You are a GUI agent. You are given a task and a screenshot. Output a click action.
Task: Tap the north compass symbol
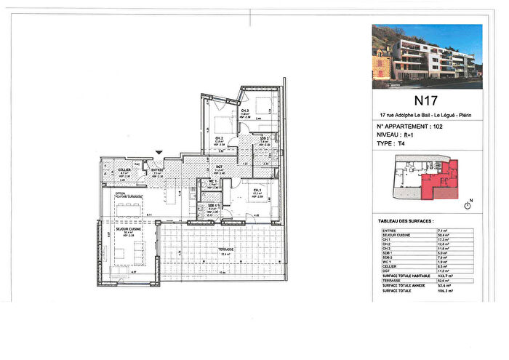click(468, 206)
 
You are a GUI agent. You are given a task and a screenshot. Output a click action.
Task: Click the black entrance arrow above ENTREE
click(159, 152)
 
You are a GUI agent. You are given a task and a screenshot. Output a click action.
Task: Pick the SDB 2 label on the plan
click(265, 138)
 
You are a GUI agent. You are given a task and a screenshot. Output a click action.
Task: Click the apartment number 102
click(438, 127)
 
